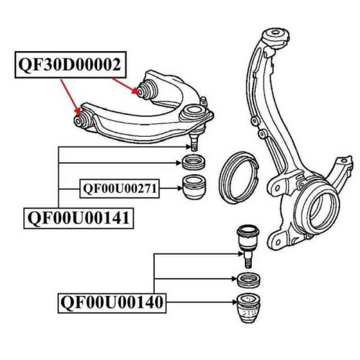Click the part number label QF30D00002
coord(71,65)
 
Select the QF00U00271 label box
coord(120,189)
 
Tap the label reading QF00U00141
coord(78,218)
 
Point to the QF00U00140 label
coord(112,302)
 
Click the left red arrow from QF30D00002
coord(71,97)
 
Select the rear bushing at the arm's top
coord(147,89)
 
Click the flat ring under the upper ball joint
coord(194,163)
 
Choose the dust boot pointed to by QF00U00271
coord(194,187)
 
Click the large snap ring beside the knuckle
coord(238,178)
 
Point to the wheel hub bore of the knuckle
coord(321,210)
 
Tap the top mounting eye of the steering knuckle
coord(276,35)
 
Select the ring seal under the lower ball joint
coord(248,280)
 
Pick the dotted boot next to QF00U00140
coord(248,308)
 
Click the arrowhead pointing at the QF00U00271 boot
coord(180,189)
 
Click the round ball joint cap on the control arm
coord(194,112)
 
